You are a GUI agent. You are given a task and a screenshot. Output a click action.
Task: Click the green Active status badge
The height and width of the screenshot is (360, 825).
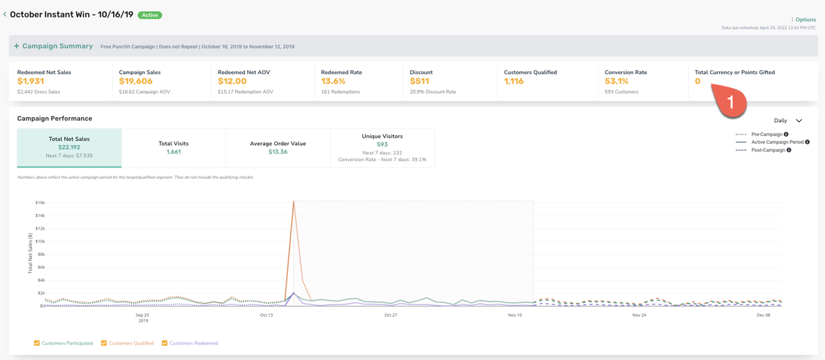[x=150, y=15]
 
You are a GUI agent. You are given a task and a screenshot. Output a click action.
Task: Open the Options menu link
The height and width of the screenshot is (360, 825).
[x=803, y=20]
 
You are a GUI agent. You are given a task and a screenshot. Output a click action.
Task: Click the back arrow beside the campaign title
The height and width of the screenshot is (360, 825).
[x=5, y=15]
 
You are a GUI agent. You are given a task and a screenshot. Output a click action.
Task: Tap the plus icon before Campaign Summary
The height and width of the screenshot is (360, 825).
[x=16, y=46]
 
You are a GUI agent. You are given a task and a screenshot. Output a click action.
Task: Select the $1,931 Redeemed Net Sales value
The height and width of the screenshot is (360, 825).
[x=31, y=82]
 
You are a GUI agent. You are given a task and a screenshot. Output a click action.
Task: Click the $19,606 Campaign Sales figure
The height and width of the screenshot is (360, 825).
[x=136, y=82]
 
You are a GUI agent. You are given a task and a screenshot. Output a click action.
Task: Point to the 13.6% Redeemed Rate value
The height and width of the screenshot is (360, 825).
[x=333, y=82]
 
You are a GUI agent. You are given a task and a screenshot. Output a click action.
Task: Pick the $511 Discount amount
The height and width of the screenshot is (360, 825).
[x=419, y=82]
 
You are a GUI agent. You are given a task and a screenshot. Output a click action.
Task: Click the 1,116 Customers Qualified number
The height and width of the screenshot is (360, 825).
[x=514, y=82]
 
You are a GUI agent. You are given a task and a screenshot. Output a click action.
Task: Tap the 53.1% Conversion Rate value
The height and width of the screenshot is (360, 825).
[x=616, y=82]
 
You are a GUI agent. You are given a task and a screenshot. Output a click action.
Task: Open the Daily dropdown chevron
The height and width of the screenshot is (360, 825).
[x=798, y=121]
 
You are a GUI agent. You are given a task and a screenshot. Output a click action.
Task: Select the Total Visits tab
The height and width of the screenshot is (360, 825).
[x=174, y=148]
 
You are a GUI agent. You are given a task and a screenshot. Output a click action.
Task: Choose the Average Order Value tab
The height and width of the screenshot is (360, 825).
[x=278, y=148]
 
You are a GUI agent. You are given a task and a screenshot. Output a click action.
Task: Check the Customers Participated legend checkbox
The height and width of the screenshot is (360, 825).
[x=37, y=343]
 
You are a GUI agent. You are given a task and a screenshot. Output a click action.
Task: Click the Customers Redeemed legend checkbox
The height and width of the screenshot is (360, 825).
[x=165, y=343]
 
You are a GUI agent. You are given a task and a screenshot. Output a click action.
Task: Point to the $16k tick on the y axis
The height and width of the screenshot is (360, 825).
[x=40, y=202]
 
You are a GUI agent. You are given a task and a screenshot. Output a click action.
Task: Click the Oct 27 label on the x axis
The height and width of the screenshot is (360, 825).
[x=390, y=315]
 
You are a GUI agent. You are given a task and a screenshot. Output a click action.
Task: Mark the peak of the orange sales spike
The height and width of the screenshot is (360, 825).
[x=294, y=202]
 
